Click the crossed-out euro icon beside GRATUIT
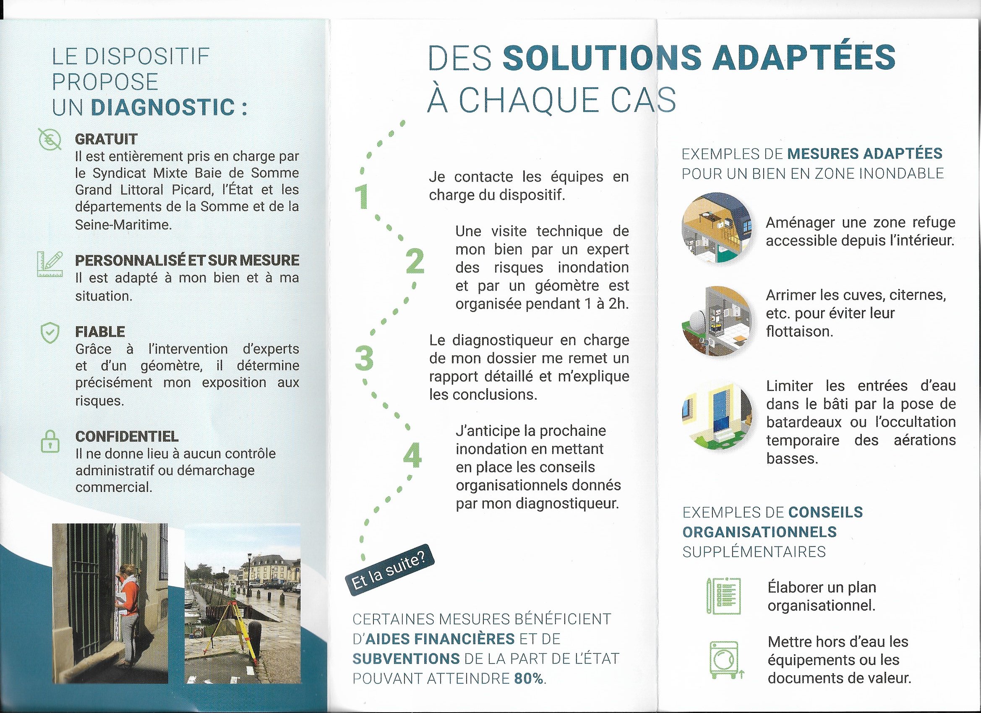[50, 139]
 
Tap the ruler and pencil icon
[50, 264]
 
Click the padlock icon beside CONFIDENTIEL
[50, 441]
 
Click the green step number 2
[415, 263]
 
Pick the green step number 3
[363, 359]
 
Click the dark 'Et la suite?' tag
[390, 570]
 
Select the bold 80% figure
[528, 679]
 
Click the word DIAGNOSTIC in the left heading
[163, 108]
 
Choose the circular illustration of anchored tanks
[716, 321]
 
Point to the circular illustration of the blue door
[716, 416]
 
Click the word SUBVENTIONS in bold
[406, 659]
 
